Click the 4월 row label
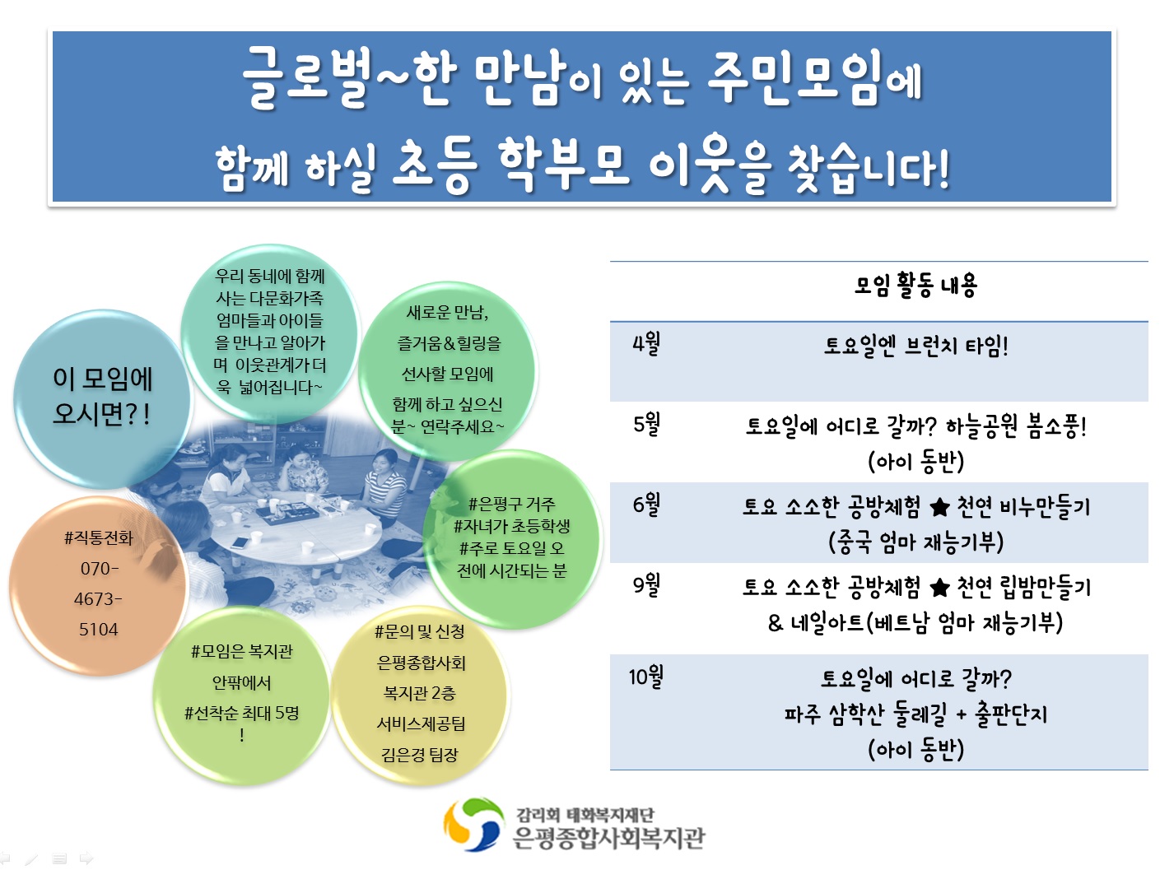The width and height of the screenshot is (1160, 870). [x=646, y=344]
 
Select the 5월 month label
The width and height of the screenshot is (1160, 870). [x=646, y=424]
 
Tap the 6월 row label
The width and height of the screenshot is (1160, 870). [x=646, y=505]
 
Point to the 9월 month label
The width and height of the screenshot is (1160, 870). [x=646, y=584]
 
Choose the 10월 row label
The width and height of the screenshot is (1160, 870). [x=645, y=677]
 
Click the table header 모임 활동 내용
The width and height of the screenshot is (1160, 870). [x=915, y=286]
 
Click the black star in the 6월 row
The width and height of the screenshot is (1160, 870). [x=939, y=508]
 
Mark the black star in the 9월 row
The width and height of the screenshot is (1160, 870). [x=939, y=588]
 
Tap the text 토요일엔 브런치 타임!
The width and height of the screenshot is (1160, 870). [x=915, y=346]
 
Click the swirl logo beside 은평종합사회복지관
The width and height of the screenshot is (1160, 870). [x=473, y=825]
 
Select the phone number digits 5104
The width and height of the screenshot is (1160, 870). [x=98, y=630]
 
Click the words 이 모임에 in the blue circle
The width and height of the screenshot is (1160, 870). [x=103, y=379]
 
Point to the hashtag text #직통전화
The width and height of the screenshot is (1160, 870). [x=99, y=538]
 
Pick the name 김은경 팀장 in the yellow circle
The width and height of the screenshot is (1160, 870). [x=420, y=755]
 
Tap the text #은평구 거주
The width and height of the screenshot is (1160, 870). [x=511, y=504]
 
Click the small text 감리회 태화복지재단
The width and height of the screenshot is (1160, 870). [x=585, y=815]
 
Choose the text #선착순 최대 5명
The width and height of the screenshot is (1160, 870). [x=241, y=714]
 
